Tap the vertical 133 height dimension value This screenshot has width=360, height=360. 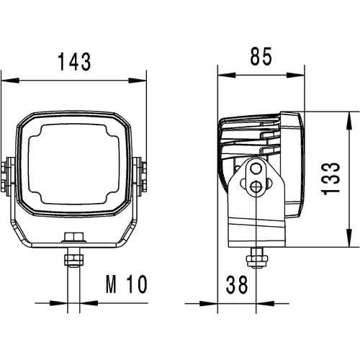331,179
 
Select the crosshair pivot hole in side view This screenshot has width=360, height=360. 256,186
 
